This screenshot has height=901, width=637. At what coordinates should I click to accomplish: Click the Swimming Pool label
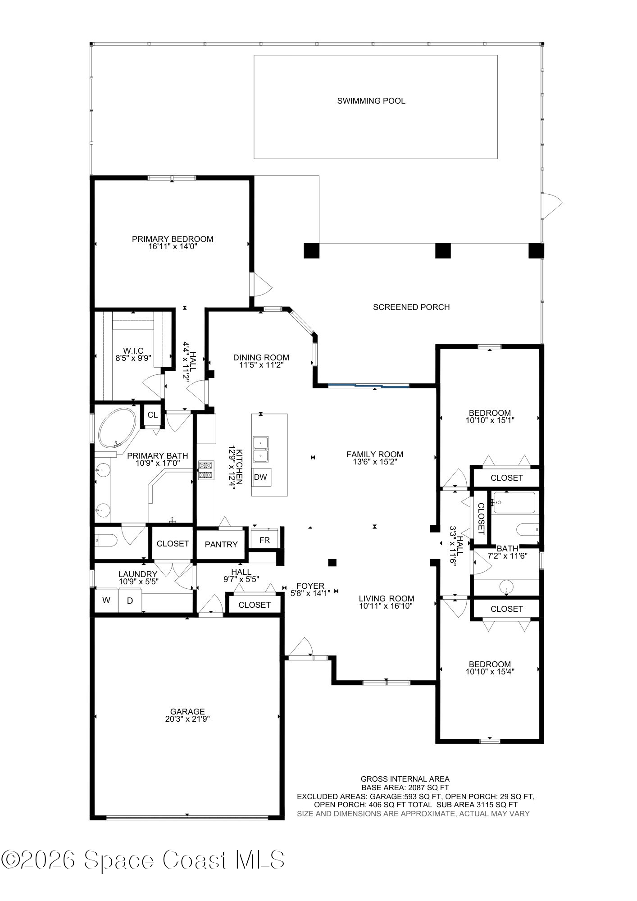tap(371, 101)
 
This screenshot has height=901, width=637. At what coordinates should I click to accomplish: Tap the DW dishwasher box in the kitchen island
tap(260, 477)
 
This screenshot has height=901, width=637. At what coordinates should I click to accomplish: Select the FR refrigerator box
tap(264, 539)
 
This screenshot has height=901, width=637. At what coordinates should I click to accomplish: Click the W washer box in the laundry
tap(106, 601)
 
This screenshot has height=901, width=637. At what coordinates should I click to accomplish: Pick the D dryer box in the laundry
tap(130, 601)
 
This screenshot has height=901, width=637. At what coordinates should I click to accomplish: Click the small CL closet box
tap(153, 415)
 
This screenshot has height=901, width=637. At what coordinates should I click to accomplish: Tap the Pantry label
tap(221, 544)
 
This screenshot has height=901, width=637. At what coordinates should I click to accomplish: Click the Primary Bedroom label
tap(173, 239)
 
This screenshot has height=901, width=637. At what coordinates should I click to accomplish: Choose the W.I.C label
tap(133, 351)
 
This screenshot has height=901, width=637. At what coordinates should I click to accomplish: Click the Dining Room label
tap(261, 358)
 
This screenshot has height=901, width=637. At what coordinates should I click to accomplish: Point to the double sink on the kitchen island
tap(260, 449)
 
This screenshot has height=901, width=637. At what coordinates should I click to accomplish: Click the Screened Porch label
tap(411, 307)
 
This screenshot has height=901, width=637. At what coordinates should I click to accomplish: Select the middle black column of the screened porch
tap(443, 250)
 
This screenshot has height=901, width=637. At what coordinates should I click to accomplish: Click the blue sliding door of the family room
tap(369, 386)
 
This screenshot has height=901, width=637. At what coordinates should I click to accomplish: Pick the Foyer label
tap(310, 586)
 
